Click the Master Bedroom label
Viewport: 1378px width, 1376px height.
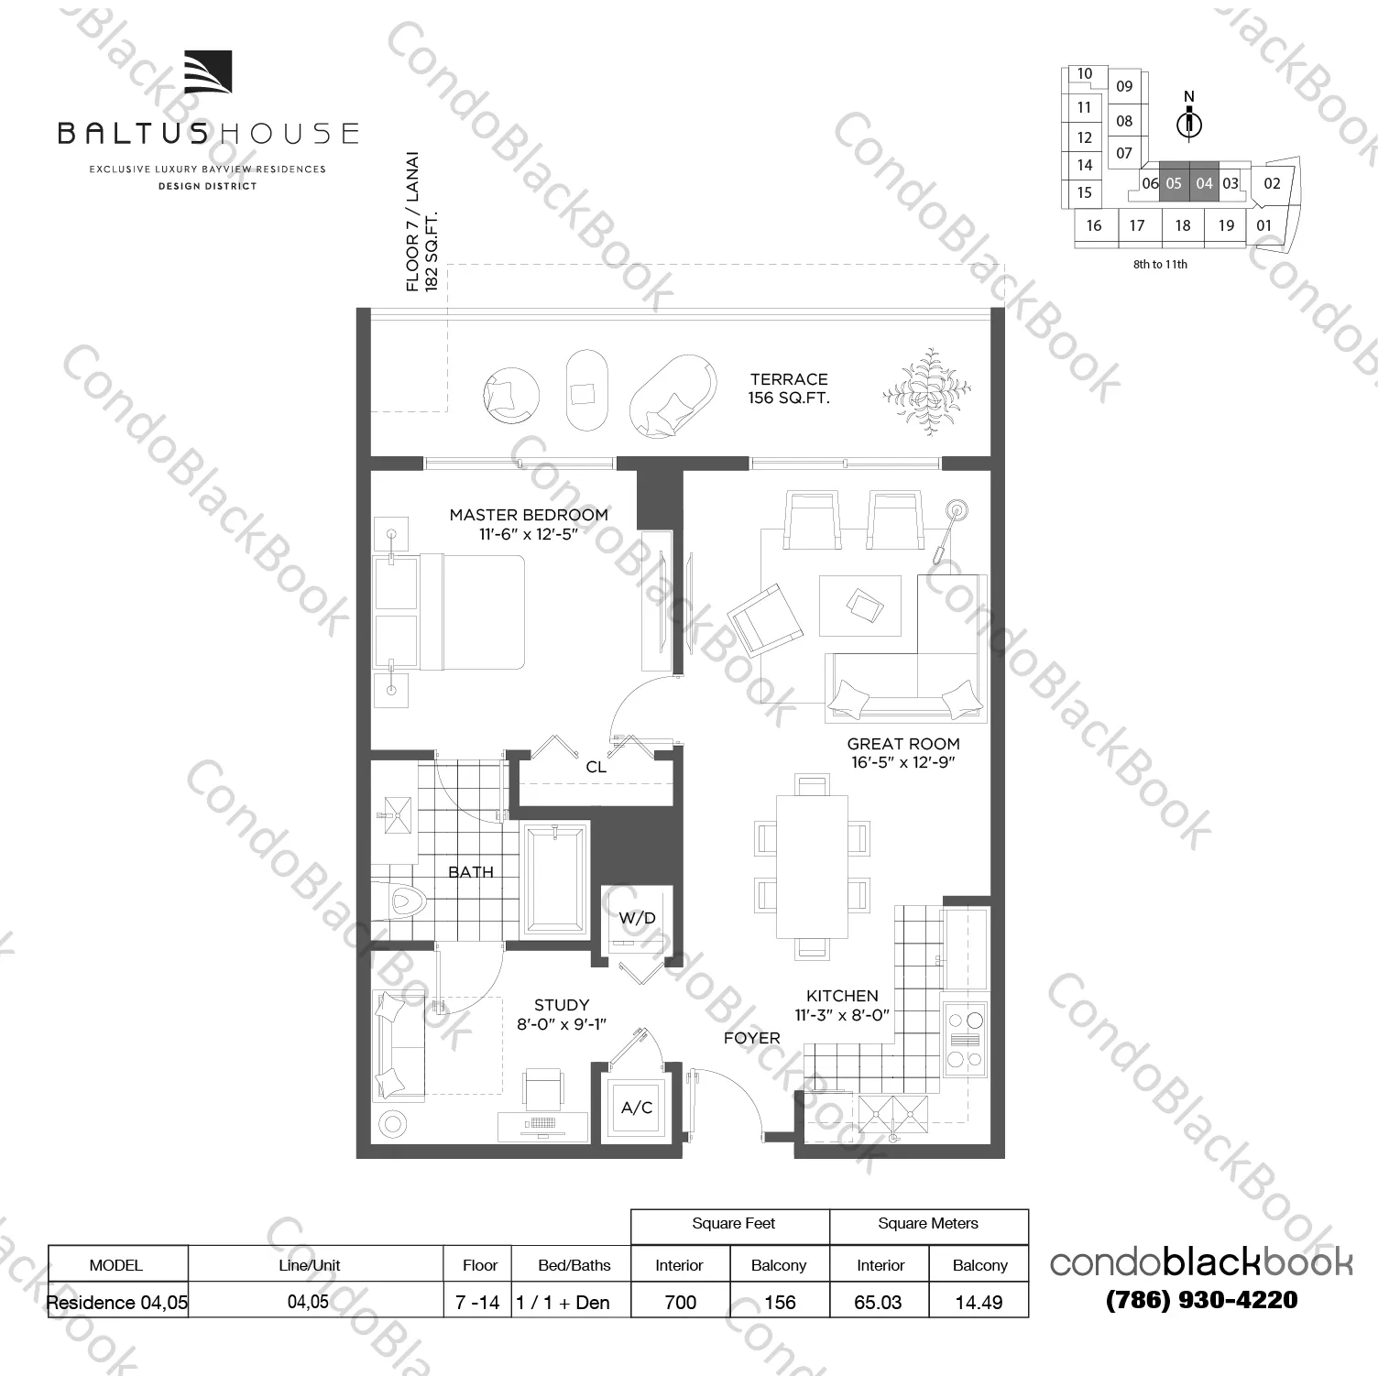pyautogui.click(x=529, y=515)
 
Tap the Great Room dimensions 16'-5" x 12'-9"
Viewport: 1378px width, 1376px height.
pyautogui.click(x=902, y=762)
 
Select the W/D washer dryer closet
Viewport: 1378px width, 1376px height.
pyautogui.click(x=637, y=919)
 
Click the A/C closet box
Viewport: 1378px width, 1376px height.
pyautogui.click(x=637, y=1108)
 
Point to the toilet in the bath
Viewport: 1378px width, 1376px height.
pyautogui.click(x=399, y=903)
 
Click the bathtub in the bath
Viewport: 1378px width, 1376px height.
pyautogui.click(x=554, y=880)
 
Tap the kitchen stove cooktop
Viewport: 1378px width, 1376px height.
pyautogui.click(x=965, y=1039)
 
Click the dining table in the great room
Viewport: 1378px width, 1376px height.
pyautogui.click(x=812, y=867)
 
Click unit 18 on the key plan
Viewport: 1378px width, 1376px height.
pyautogui.click(x=1183, y=225)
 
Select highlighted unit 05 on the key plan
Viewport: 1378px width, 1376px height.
pyautogui.click(x=1174, y=183)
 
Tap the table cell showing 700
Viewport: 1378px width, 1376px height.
pyautogui.click(x=680, y=1302)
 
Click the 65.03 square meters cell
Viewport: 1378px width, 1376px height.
pyautogui.click(x=878, y=1302)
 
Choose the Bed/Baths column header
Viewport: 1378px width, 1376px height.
pyautogui.click(x=574, y=1265)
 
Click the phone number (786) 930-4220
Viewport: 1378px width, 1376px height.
pyautogui.click(x=1201, y=1299)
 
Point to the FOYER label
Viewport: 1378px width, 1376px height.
pyautogui.click(x=752, y=1038)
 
